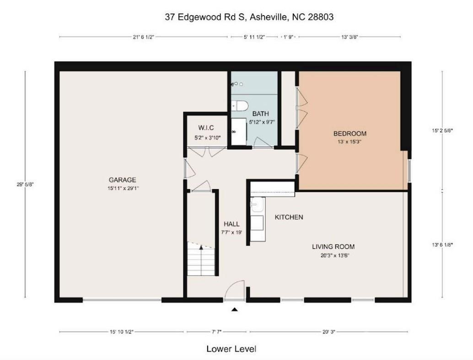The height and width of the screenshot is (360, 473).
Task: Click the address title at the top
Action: (x=249, y=17)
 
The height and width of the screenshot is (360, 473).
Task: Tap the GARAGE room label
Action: (x=122, y=180)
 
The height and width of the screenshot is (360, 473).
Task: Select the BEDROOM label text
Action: (x=349, y=134)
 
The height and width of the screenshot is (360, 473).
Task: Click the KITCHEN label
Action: (x=289, y=217)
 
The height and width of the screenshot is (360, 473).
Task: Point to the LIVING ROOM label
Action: (x=333, y=247)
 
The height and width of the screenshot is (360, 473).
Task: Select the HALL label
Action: (x=231, y=224)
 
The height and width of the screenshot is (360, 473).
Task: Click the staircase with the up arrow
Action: (x=201, y=260)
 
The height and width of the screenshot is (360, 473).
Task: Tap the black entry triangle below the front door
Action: (x=235, y=310)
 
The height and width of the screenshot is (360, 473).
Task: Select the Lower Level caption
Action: (x=234, y=349)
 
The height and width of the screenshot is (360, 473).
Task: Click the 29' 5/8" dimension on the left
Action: (x=25, y=184)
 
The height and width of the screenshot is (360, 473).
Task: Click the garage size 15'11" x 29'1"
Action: (x=122, y=188)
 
